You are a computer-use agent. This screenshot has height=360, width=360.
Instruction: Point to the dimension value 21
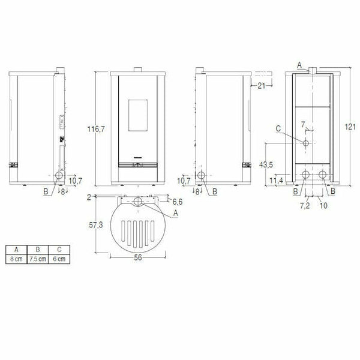click(x=262, y=86)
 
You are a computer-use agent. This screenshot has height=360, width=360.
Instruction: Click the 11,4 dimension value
click(x=277, y=179)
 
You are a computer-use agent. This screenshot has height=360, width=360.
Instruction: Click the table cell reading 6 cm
click(x=58, y=257)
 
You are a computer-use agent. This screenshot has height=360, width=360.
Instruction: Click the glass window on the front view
click(x=137, y=114)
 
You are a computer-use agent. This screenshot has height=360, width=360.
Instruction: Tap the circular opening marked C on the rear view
click(x=306, y=144)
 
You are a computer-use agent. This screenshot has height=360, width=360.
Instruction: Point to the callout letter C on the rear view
click(x=278, y=128)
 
